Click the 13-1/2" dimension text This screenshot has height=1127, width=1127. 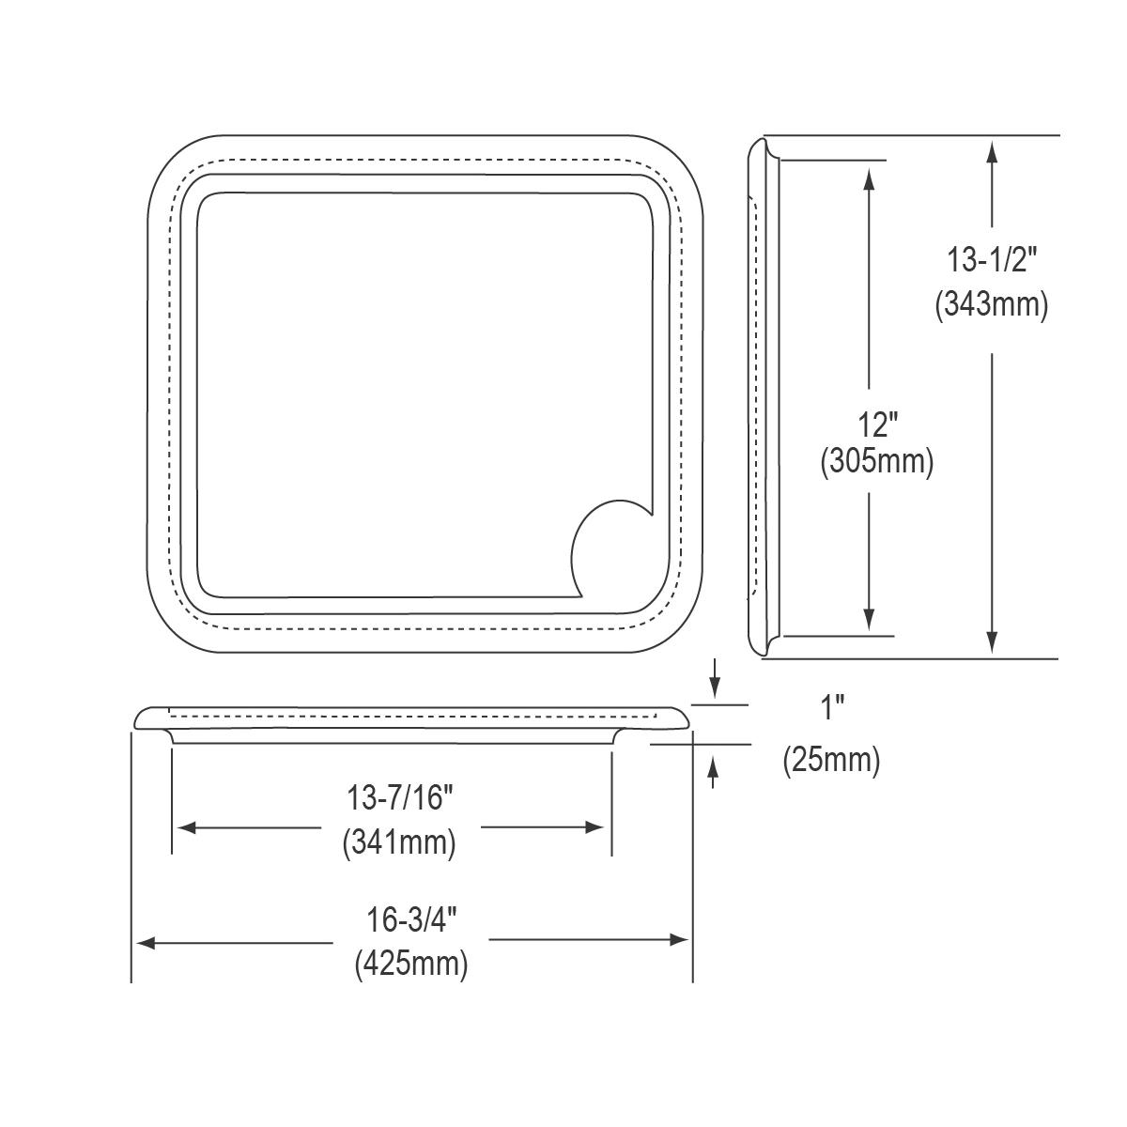991,257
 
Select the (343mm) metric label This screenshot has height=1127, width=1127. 991,304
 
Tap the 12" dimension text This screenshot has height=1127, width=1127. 875,425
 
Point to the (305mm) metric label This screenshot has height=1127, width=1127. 875,462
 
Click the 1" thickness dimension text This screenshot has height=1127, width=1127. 831,708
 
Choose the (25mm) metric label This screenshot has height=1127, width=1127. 831,760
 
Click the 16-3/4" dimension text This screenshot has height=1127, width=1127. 411,920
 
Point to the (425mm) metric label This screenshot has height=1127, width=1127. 411,965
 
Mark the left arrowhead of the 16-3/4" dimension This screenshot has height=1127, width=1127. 146,941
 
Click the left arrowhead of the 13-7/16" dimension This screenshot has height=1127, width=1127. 186,827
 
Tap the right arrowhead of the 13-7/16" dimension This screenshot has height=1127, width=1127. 594,827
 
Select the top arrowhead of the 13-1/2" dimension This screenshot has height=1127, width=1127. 992,150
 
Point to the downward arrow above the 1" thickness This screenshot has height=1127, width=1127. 716,688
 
